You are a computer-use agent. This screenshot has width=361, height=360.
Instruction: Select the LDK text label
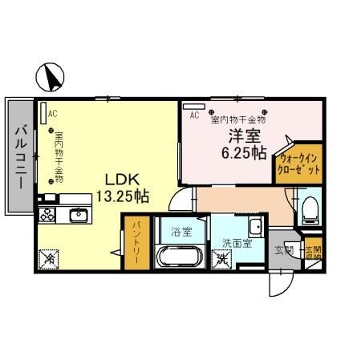(121, 179)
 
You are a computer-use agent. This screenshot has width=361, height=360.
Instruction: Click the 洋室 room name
(245, 136)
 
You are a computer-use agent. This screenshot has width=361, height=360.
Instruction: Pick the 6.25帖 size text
(245, 152)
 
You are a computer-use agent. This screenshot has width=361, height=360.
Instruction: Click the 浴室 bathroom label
(180, 233)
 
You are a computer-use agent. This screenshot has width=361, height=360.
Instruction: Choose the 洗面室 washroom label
(238, 242)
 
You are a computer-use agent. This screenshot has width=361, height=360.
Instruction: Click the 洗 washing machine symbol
(221, 259)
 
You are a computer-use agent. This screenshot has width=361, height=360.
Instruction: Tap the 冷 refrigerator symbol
(48, 258)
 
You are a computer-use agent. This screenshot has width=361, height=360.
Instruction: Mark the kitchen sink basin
(78, 215)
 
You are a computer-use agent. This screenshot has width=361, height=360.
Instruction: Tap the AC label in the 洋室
(194, 115)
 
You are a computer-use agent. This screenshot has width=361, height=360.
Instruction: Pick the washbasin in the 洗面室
(255, 224)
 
